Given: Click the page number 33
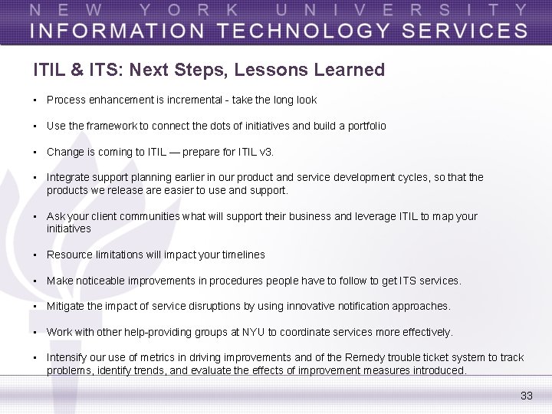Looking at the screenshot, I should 526,396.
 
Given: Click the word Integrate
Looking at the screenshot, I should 67,177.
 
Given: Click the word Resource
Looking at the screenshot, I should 68,255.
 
